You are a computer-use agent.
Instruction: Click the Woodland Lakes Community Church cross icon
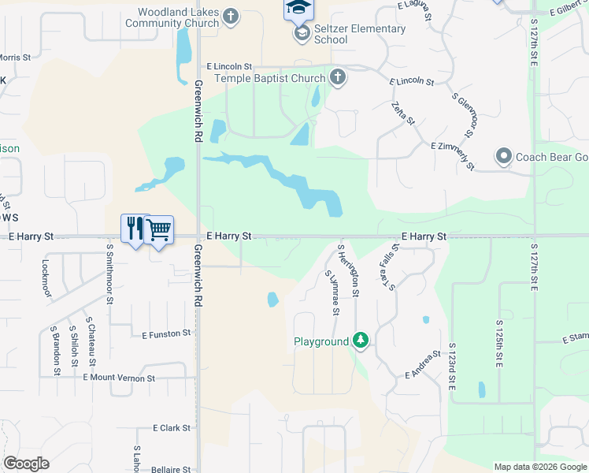(x=231, y=16)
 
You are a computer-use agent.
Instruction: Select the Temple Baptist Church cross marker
(x=338, y=77)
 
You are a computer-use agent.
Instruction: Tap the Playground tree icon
(x=361, y=341)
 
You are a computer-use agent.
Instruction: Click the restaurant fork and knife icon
(x=135, y=229)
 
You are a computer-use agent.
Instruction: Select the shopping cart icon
(x=159, y=229)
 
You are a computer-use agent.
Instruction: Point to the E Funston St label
(x=166, y=334)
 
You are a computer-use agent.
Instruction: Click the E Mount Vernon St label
(x=119, y=378)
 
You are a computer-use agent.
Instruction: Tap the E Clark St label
(x=172, y=428)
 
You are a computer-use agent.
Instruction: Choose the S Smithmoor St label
(x=109, y=273)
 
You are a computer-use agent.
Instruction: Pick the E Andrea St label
(x=422, y=363)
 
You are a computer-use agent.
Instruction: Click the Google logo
(x=26, y=464)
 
